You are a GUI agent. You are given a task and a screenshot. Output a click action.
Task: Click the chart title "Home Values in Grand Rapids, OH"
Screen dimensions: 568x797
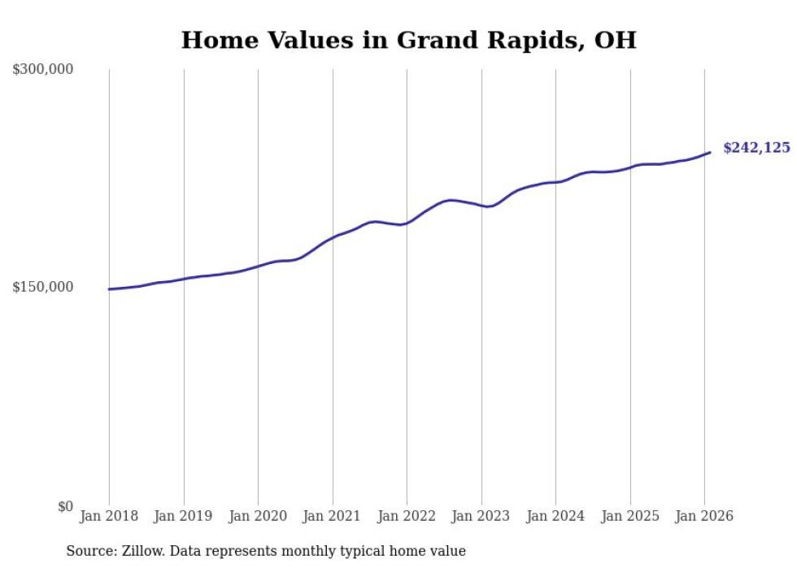pyautogui.click(x=408, y=40)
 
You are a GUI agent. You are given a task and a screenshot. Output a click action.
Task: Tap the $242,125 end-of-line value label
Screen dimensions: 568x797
pyautogui.click(x=756, y=148)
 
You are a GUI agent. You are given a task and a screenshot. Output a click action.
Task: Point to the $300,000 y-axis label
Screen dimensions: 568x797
pyautogui.click(x=43, y=70)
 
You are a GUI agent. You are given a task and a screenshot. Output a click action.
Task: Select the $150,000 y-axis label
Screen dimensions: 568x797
pyautogui.click(x=43, y=287)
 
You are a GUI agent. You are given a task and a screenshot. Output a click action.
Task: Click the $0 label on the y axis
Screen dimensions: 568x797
pyautogui.click(x=65, y=507)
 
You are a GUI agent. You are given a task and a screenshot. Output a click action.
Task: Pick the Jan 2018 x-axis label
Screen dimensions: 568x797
pyautogui.click(x=109, y=516)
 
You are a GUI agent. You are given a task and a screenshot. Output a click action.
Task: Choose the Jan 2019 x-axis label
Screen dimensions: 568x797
pyautogui.click(x=184, y=516)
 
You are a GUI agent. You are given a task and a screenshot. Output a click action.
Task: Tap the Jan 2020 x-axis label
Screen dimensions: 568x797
pyautogui.click(x=258, y=516)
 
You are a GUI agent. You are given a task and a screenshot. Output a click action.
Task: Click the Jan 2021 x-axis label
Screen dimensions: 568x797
pyautogui.click(x=333, y=516)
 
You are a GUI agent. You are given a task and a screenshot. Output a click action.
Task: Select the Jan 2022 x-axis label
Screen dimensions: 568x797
pyautogui.click(x=407, y=516)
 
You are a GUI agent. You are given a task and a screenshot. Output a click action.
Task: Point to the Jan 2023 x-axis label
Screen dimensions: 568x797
pyautogui.click(x=481, y=516)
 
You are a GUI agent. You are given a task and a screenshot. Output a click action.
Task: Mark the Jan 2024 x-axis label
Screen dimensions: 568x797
pyautogui.click(x=555, y=516)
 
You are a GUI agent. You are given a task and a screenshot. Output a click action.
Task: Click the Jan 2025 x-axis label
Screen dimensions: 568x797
pyautogui.click(x=630, y=516)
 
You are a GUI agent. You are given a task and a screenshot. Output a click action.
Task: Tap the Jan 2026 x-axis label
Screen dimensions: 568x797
pyautogui.click(x=704, y=516)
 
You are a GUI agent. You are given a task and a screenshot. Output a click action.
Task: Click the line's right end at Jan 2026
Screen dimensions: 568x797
pyautogui.click(x=710, y=152)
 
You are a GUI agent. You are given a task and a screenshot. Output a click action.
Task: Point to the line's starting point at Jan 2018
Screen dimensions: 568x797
pyautogui.click(x=109, y=289)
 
